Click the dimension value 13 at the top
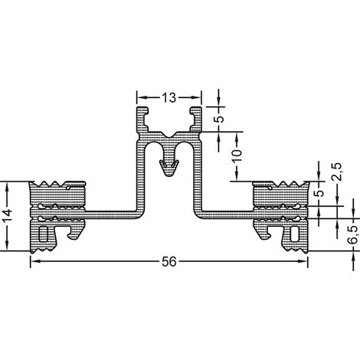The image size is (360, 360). [169, 97]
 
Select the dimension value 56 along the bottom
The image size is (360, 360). [169, 261]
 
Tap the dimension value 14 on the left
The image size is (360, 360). [7, 216]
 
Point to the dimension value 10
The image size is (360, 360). [237, 155]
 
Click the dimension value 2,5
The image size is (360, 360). [338, 172]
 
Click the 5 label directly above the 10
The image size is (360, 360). [219, 119]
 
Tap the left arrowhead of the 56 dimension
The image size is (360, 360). [34, 261]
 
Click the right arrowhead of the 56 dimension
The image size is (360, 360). [304, 261]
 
